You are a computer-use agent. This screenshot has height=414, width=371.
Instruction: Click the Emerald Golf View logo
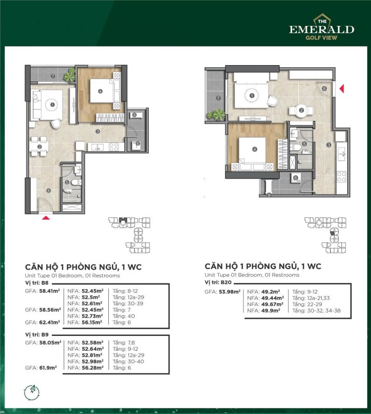click(x=322, y=27)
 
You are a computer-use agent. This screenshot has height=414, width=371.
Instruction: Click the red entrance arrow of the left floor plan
click(x=46, y=217)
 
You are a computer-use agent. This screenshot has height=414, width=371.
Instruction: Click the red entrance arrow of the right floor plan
click(x=341, y=88)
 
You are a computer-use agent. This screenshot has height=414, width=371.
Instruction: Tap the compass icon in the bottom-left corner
click(x=32, y=393)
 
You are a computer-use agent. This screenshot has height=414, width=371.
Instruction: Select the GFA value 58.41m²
click(x=49, y=291)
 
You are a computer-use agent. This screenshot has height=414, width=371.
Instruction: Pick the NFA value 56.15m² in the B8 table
click(x=92, y=322)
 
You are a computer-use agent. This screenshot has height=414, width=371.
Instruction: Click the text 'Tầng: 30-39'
click(x=128, y=304)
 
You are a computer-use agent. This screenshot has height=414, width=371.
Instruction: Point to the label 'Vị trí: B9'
click(x=37, y=334)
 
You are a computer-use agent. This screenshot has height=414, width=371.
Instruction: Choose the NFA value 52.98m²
click(x=93, y=361)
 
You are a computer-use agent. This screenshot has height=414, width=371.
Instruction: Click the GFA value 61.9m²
click(x=48, y=368)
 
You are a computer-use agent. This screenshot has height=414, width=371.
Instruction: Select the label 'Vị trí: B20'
click(x=218, y=282)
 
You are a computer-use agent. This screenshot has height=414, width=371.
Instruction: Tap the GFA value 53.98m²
click(x=230, y=292)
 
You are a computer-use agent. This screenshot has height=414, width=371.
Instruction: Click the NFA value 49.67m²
click(x=273, y=304)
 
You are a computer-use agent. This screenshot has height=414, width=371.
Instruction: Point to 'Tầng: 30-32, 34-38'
click(x=316, y=311)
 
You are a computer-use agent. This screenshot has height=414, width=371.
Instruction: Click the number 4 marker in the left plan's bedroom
click(x=100, y=92)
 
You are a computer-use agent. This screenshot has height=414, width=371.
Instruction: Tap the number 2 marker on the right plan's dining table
click(x=301, y=111)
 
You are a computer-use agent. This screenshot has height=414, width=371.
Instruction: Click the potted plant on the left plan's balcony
click(x=69, y=75)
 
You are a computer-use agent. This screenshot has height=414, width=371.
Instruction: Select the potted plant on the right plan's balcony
click(x=216, y=115)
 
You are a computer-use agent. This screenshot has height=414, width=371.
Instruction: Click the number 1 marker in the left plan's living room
click(x=52, y=105)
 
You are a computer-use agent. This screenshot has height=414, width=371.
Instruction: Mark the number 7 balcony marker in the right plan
click(x=218, y=98)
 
